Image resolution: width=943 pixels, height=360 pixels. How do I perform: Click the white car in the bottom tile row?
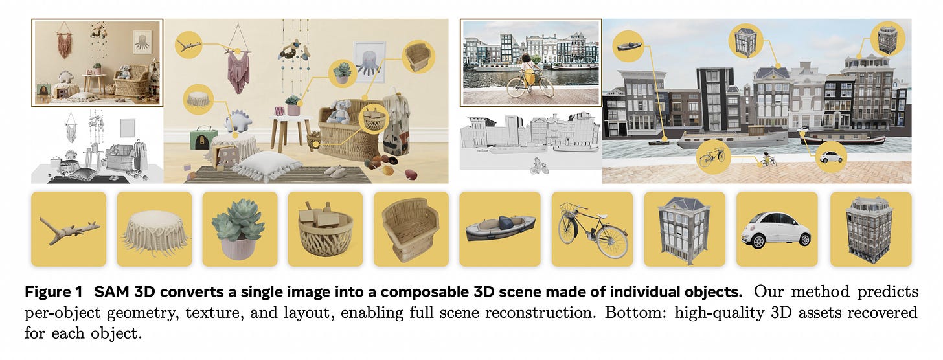[777, 230]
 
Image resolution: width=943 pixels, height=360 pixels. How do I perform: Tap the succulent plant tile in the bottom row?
[240, 229]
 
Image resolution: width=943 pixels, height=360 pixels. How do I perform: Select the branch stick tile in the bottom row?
[69, 229]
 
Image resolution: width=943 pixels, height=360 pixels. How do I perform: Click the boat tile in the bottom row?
[500, 229]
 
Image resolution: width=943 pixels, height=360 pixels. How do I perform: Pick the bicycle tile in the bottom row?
[592, 229]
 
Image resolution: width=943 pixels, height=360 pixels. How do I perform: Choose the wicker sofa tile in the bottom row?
[411, 229]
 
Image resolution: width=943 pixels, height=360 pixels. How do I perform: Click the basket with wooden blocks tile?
[325, 229]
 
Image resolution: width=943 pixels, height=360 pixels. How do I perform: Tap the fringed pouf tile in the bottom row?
[154, 229]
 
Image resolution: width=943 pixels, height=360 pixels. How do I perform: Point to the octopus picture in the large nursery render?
[369, 61]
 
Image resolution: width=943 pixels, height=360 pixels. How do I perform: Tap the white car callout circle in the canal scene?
[831, 157]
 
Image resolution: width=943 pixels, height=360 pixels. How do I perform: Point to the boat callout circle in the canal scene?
[628, 45]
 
